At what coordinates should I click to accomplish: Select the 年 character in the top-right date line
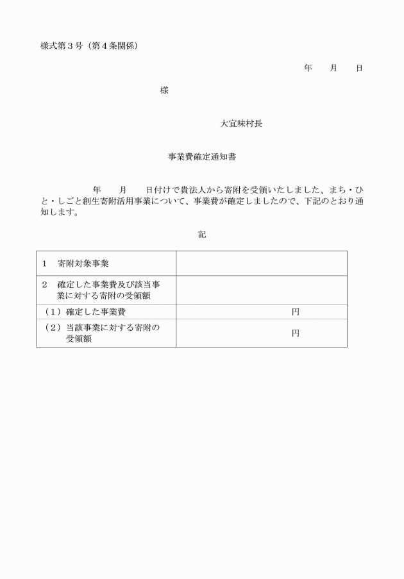(x=308, y=68)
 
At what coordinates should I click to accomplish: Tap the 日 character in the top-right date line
(x=359, y=68)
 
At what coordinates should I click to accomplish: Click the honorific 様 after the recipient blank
(x=164, y=90)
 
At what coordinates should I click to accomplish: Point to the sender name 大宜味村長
(x=241, y=124)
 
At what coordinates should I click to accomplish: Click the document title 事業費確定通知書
(x=202, y=156)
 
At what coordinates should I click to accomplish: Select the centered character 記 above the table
(x=202, y=235)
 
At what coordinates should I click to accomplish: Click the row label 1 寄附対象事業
(x=75, y=264)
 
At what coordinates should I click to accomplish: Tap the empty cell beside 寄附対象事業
(x=261, y=264)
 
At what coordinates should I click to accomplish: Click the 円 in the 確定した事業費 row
(x=295, y=312)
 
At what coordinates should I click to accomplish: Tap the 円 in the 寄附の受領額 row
(x=295, y=333)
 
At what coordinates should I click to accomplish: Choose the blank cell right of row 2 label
(x=261, y=290)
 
